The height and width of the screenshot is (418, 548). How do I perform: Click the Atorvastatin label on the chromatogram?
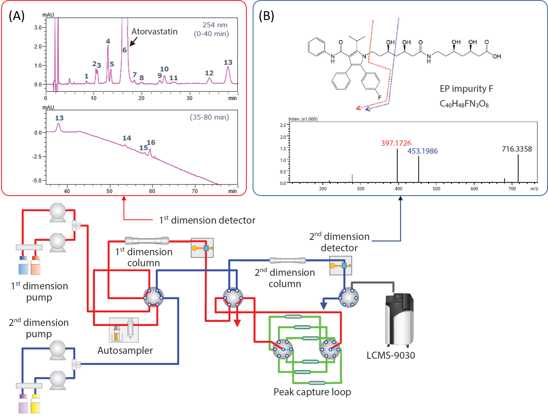pyautogui.click(x=154, y=32)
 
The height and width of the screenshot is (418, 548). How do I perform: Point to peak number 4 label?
pyautogui.click(x=108, y=41)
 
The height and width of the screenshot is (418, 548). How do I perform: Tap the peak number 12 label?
pyautogui.click(x=209, y=73)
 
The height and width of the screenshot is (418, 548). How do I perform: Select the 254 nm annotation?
pyautogui.click(x=215, y=25)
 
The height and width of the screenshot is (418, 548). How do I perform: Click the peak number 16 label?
pyautogui.click(x=151, y=142)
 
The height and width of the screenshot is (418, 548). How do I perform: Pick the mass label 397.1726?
pyautogui.click(x=396, y=143)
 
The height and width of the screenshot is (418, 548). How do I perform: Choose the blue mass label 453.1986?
pyautogui.click(x=423, y=151)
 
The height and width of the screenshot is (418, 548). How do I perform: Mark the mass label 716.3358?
pyautogui.click(x=517, y=149)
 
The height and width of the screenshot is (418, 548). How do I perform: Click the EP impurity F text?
pyautogui.click(x=466, y=89)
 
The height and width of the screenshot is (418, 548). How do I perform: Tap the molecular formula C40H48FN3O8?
pyautogui.click(x=464, y=104)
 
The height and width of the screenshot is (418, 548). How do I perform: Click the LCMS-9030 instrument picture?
pyautogui.click(x=400, y=320)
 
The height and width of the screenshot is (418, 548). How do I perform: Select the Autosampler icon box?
pyautogui.click(x=124, y=330)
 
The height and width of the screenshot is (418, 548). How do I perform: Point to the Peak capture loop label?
pyautogui.click(x=312, y=392)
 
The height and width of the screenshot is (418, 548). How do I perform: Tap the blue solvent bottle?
pyautogui.click(x=23, y=265)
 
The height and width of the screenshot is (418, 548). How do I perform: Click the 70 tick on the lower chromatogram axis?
pyautogui.click(x=195, y=191)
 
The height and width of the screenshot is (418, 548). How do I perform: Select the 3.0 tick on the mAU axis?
pyautogui.click(x=38, y=27)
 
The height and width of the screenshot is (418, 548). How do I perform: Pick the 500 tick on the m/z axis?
pyautogui.click(x=436, y=189)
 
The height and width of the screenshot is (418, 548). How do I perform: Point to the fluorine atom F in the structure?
pyautogui.click(x=380, y=98)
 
